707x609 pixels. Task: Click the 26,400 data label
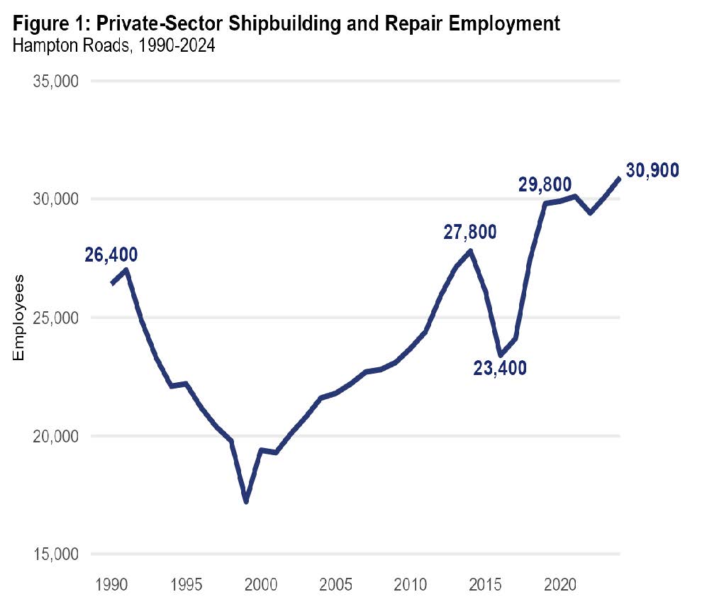pyautogui.click(x=111, y=255)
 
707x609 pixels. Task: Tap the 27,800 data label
pyautogui.click(x=470, y=232)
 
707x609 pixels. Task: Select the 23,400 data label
pyautogui.click(x=500, y=368)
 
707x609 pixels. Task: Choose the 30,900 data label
pyautogui.click(x=652, y=170)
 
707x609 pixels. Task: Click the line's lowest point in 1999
pyautogui.click(x=246, y=501)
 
